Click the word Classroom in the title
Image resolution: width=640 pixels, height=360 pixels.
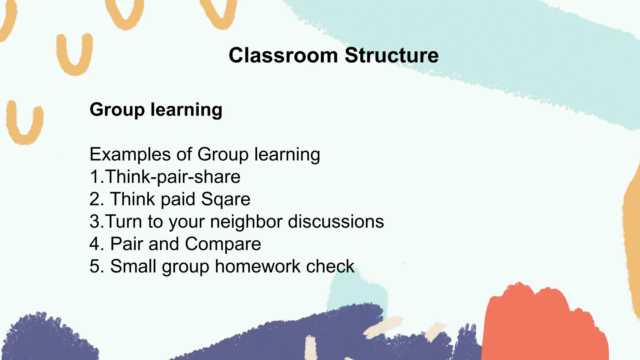point(283,56)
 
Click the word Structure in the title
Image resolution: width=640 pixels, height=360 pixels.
point(392,56)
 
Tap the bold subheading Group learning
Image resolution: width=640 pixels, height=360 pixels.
point(156,110)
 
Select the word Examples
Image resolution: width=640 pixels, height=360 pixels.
point(130,154)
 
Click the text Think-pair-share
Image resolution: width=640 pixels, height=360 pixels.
point(173,177)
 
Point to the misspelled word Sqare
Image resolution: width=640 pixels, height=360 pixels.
point(226,199)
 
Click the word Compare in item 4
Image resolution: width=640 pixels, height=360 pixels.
point(223,244)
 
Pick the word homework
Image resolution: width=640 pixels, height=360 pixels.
point(258,266)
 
